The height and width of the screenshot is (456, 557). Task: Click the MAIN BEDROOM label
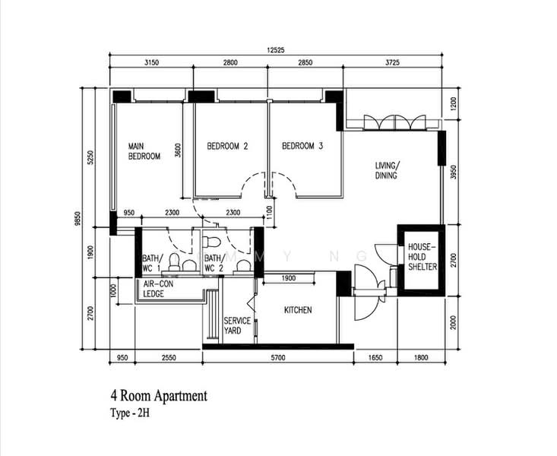[144, 151]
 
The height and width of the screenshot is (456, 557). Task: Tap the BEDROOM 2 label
[227, 146]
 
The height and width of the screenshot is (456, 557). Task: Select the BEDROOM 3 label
[302, 146]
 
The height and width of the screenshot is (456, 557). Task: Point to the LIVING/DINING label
[388, 170]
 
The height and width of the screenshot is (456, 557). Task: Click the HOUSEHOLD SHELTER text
[422, 257]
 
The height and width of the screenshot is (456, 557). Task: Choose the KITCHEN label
[298, 310]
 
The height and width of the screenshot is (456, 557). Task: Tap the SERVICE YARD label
[237, 325]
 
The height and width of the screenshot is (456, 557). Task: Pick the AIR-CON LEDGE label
[158, 289]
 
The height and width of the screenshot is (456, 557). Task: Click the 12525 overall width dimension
[276, 50]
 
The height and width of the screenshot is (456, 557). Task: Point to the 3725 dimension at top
[392, 62]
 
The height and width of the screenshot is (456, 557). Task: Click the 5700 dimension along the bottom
[278, 357]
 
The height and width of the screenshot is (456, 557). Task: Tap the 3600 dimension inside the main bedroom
[178, 150]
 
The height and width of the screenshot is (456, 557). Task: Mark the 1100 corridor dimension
[269, 213]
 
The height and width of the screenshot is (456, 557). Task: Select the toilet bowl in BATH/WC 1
[175, 261]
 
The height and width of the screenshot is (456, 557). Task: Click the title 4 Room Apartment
[159, 395]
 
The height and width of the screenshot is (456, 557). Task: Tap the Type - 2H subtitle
[130, 413]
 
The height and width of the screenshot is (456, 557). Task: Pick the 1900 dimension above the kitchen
[289, 278]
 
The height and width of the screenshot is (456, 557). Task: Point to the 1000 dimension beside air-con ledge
[114, 291]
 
